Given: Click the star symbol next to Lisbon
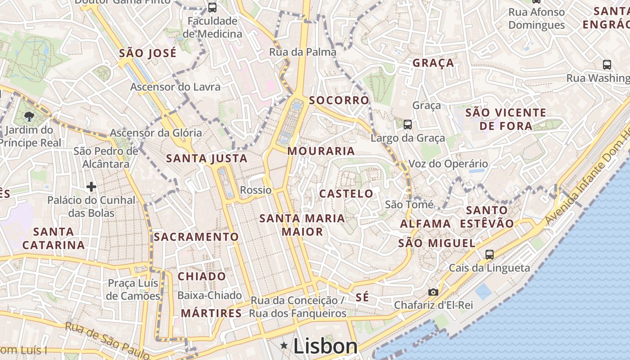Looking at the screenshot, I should point(284,346).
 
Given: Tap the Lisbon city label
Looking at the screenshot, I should point(325,346).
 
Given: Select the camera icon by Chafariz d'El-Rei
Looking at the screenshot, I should point(433,292).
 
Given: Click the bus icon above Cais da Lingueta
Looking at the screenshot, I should point(490,255).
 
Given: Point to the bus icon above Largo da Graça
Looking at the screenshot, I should point(408,125).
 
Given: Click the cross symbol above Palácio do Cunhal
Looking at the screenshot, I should point(91,186).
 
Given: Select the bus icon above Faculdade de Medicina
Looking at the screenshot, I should point(212,8).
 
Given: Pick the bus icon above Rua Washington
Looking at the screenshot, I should point(607,65).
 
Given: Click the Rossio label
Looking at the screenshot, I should point(256,190).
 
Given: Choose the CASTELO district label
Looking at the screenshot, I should point(346,194).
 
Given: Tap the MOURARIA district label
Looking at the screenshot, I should point(321,151).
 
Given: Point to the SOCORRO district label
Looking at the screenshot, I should point(339,100).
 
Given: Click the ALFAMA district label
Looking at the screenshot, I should point(425,224).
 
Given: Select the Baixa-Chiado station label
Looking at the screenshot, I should point(210,296).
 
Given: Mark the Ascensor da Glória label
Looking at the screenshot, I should point(156,133).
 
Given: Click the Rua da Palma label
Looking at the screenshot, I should point(302,52).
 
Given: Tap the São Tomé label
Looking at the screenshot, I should point(409,205).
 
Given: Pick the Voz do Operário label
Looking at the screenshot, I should point(448,164).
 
